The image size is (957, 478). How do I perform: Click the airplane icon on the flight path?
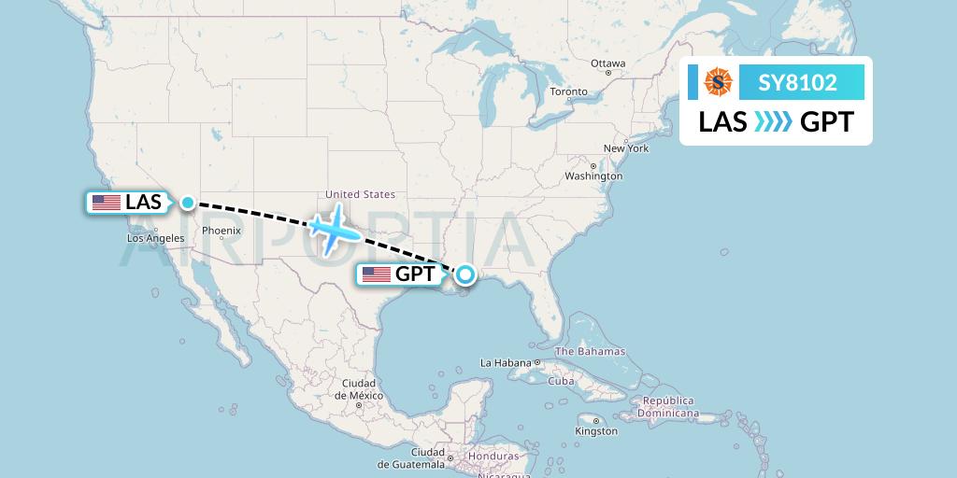[334, 229]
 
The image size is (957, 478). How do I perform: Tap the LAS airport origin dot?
[188, 203]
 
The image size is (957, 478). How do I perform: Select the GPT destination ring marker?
[465, 274]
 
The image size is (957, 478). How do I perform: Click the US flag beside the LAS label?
[107, 203]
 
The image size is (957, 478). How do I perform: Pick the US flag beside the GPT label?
[377, 274]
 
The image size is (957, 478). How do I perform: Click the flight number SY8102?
[797, 83]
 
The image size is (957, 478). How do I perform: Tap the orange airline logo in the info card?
[718, 83]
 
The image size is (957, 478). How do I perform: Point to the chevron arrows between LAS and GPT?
[772, 122]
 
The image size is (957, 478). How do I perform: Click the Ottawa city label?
[607, 63]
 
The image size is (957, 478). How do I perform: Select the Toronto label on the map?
[568, 91]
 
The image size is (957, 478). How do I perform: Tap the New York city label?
[625, 148]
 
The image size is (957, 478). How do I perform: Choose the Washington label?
[593, 176]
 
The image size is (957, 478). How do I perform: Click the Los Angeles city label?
[155, 238]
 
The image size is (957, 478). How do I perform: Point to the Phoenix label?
[221, 231]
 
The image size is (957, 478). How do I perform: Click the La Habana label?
[506, 362]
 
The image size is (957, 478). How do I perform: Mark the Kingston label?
[595, 431]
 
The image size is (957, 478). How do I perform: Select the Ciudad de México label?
[358, 389]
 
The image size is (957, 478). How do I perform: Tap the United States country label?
[360, 194]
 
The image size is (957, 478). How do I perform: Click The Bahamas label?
[590, 352]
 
